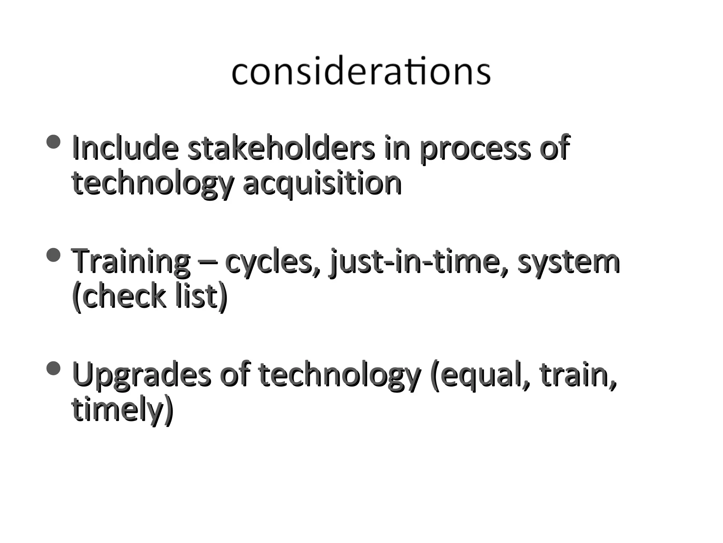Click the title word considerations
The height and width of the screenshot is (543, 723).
(x=361, y=72)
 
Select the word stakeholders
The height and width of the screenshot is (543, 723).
(x=281, y=148)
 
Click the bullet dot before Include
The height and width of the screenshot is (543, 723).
(x=54, y=142)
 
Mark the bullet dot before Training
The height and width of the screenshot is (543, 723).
(x=54, y=255)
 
